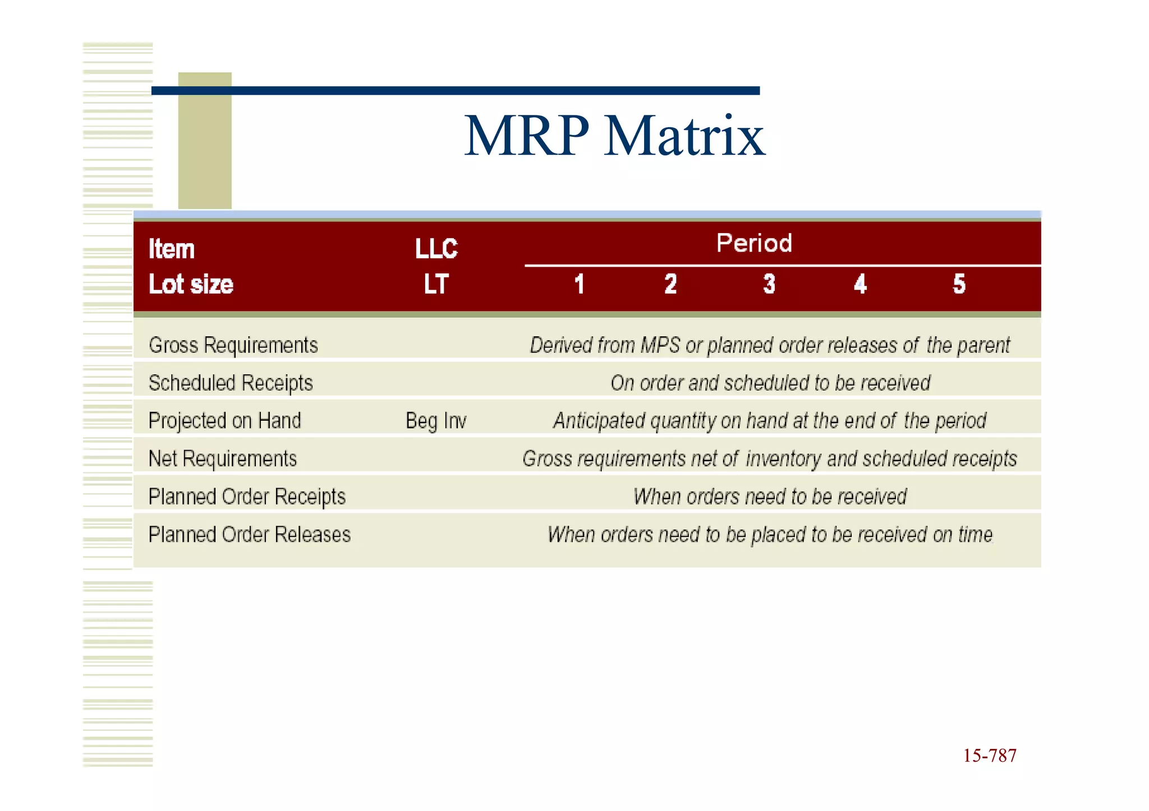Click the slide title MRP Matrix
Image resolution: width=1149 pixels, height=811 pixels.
(614, 136)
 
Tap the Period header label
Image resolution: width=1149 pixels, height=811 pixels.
(754, 243)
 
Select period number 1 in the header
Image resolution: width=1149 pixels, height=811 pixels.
(580, 284)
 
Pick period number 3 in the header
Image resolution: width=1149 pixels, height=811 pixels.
(769, 284)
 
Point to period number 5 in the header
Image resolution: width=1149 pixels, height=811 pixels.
(959, 284)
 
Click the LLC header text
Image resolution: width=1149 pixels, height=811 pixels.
(436, 249)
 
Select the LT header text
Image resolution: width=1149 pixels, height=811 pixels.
(436, 284)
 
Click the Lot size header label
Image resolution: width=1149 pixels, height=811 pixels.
(191, 284)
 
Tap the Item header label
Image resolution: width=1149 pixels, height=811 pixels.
(172, 249)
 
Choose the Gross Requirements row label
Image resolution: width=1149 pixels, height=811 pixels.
(233, 345)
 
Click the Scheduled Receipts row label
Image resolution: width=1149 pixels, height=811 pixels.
(231, 383)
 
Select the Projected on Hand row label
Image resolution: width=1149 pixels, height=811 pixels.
(224, 420)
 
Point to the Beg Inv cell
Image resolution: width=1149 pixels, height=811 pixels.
(436, 420)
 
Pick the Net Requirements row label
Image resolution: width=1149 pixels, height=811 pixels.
(223, 458)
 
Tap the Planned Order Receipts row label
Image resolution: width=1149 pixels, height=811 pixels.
(247, 497)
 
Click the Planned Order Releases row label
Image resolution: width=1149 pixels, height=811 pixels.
(250, 534)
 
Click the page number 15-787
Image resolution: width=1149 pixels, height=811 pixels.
(990, 756)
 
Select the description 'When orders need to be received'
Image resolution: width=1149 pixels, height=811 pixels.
(770, 497)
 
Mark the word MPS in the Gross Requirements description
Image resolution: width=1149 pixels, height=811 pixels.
(660, 345)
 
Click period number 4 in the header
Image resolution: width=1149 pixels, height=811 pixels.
(860, 284)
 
